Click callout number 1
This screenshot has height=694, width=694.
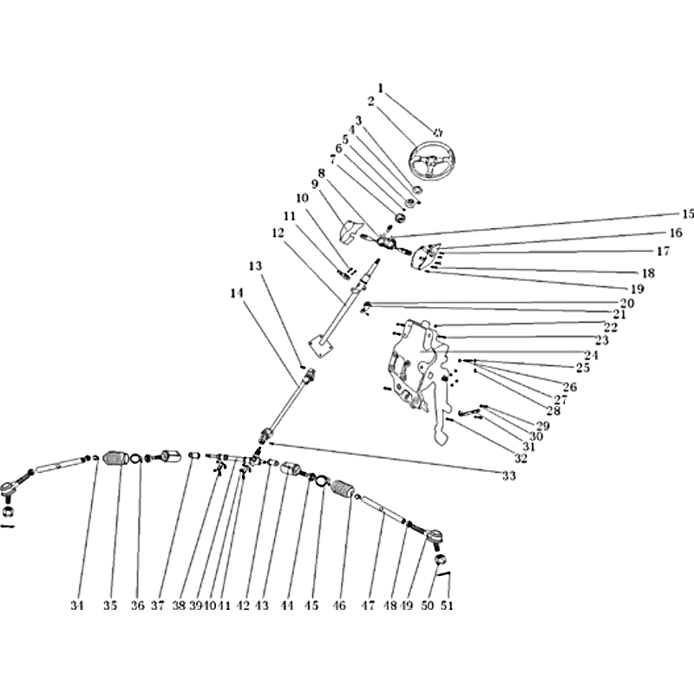(380, 88)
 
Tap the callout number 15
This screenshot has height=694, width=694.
(687, 214)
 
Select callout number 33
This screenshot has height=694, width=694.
(509, 475)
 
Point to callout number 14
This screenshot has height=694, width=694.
(237, 292)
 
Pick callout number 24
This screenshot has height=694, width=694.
(592, 355)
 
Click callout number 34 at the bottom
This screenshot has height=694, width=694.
(77, 605)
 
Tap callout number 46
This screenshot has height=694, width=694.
(338, 605)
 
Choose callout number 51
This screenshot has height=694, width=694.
(447, 605)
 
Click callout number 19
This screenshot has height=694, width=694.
(637, 289)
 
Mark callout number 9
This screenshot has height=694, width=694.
(315, 184)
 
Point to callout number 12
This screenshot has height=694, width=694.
(278, 232)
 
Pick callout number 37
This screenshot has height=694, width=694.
(158, 605)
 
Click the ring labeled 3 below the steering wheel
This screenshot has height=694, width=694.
(417, 190)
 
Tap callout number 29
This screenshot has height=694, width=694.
(543, 426)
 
